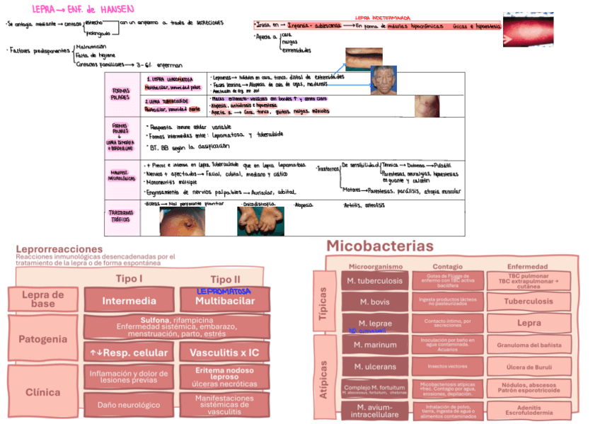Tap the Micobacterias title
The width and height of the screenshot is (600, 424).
(x=379, y=246)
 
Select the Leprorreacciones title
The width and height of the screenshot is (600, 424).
(x=59, y=249)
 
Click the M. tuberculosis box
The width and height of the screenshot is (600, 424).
(x=375, y=281)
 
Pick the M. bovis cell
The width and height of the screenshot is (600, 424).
(x=375, y=302)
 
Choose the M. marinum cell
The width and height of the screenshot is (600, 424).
(x=375, y=345)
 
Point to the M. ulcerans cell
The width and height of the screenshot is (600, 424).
(x=375, y=367)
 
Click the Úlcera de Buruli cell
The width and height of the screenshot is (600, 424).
(x=529, y=367)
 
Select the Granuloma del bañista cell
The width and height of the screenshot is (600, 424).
(x=529, y=345)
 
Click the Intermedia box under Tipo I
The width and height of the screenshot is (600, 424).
(x=129, y=301)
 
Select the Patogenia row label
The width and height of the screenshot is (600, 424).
(x=42, y=339)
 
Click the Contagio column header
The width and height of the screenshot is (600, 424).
(x=447, y=267)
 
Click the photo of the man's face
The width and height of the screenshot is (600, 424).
(x=383, y=80)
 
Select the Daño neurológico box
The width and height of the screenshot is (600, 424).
(x=129, y=405)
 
